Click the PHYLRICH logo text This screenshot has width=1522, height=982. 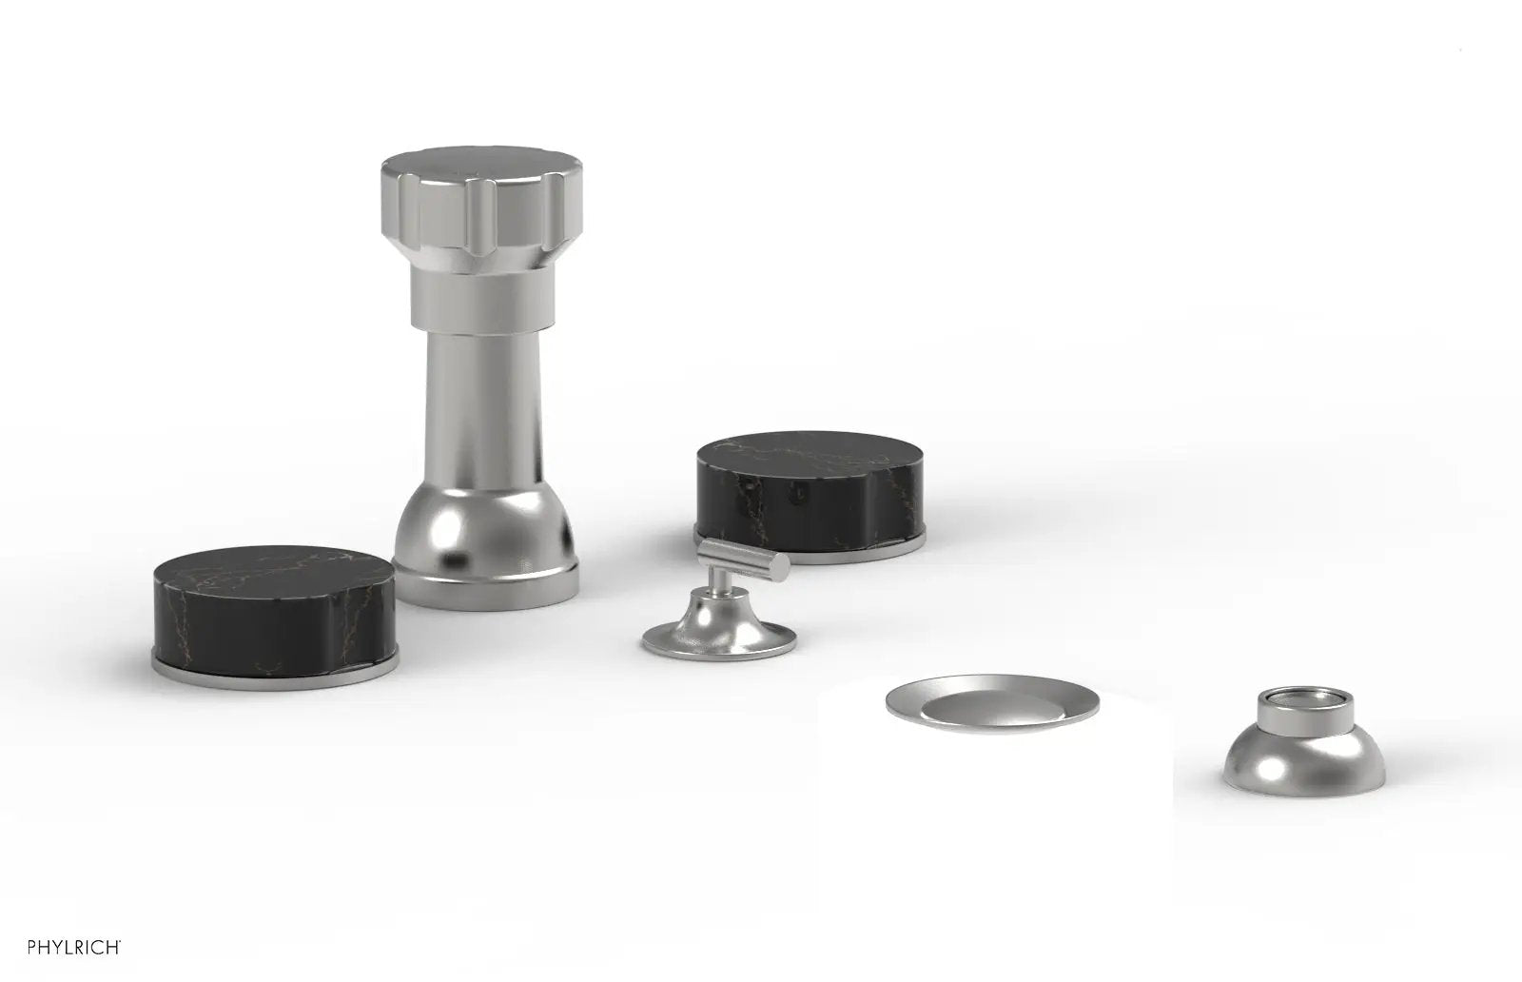pos(73,947)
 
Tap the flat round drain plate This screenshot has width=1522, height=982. pos(992,703)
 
